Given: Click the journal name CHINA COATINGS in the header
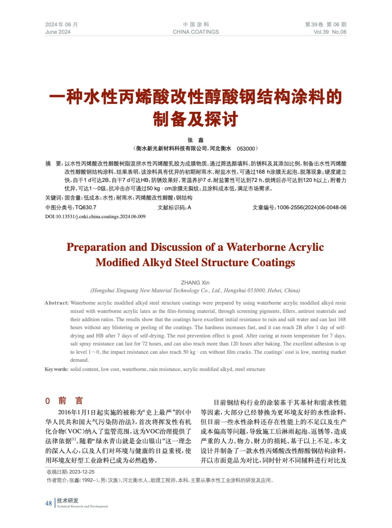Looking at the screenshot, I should (196, 32).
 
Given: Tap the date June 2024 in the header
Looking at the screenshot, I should (58, 32).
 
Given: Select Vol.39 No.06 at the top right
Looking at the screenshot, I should (330, 32).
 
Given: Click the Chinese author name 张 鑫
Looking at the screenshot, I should (196, 140).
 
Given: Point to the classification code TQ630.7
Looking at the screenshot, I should (86, 208).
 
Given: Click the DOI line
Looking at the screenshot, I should (95, 216).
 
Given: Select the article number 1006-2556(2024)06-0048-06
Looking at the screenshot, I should (311, 208).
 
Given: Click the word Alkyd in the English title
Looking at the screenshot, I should (157, 262).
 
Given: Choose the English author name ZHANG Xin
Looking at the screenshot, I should (195, 283).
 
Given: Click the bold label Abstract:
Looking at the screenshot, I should (56, 303).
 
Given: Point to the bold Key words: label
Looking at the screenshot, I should (56, 369).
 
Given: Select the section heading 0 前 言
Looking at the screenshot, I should (64, 401).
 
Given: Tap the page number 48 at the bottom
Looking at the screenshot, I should (49, 503).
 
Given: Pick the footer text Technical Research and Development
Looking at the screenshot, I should (82, 506).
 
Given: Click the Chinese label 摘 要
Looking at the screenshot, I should (53, 164).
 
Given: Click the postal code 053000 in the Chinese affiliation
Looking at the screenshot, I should (246, 149).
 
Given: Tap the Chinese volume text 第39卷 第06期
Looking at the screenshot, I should (325, 24).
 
